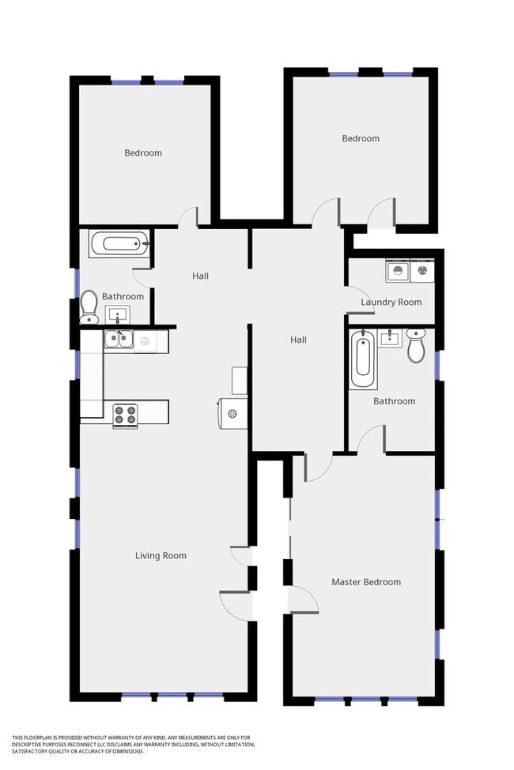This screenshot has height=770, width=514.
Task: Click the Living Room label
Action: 161,556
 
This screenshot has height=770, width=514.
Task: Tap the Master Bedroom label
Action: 365,582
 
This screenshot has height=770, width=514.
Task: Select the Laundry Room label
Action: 391,302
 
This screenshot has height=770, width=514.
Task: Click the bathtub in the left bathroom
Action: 119,243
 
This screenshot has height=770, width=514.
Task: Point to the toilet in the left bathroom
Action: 89,306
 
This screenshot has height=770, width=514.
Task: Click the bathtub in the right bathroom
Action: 363,359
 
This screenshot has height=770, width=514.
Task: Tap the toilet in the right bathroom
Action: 416,346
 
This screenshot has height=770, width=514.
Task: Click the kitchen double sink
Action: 120,340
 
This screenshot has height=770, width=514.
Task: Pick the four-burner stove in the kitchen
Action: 125,415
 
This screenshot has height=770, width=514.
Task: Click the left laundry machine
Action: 397,272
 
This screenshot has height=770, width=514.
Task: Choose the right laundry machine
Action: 423,272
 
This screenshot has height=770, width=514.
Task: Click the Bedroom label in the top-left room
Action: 143,153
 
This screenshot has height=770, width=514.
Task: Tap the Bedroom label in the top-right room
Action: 361,139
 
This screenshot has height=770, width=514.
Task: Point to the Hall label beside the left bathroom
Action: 200,276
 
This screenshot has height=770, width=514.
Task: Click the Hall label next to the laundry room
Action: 298,340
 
